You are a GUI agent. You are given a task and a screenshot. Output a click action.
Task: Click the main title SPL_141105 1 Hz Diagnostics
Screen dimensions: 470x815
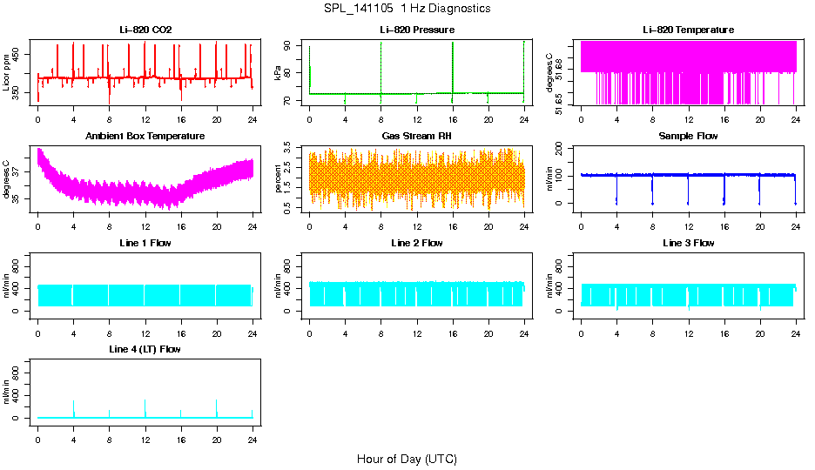407,9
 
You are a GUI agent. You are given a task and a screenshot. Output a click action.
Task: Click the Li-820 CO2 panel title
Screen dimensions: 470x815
145,30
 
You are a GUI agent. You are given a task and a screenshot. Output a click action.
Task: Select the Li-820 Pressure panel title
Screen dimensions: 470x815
417,30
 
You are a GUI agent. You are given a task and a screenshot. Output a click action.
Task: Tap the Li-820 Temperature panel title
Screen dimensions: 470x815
688,30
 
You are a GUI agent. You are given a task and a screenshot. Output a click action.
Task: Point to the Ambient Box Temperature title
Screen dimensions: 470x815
145,137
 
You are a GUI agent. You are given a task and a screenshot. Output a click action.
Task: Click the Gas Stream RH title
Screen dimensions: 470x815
417,137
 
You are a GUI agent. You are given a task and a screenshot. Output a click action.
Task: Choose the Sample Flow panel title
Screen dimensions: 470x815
688,137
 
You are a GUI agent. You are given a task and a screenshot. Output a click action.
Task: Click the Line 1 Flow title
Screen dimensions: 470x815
145,243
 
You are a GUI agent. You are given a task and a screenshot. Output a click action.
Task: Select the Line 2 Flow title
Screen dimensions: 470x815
417,243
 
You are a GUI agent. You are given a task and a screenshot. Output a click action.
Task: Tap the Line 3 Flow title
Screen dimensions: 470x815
688,243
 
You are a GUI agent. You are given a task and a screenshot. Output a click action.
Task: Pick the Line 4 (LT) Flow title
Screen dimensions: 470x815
145,349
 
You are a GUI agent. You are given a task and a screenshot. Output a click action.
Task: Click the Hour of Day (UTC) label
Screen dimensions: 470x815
407,459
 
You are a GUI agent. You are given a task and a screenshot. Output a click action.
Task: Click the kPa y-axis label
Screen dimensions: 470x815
279,73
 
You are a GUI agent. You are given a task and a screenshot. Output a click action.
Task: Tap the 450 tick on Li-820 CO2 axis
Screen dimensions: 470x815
18,54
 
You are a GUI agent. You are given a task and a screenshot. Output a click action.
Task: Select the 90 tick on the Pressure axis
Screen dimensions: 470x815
290,47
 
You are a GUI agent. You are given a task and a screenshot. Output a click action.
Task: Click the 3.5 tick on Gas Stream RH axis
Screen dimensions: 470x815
290,151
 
